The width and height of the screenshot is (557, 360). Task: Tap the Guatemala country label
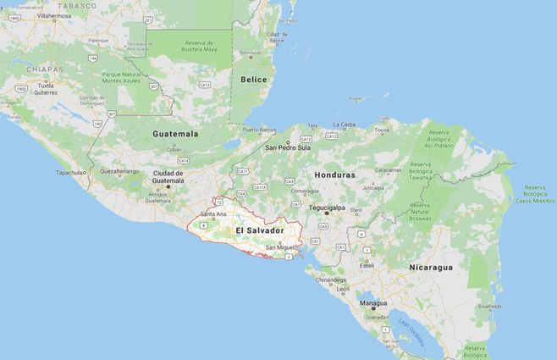coord(175,134)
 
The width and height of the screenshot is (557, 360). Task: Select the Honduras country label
coord(334,174)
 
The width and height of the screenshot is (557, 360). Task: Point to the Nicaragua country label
coord(431,267)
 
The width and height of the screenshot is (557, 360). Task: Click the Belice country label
coord(254,80)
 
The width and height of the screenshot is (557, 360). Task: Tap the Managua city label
coord(372,302)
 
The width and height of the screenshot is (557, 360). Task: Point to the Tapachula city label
coord(71,172)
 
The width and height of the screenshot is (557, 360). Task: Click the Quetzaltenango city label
coord(119,171)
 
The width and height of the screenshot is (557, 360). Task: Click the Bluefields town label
coord(489,307)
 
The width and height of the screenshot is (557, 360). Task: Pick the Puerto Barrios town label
coord(259,130)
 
